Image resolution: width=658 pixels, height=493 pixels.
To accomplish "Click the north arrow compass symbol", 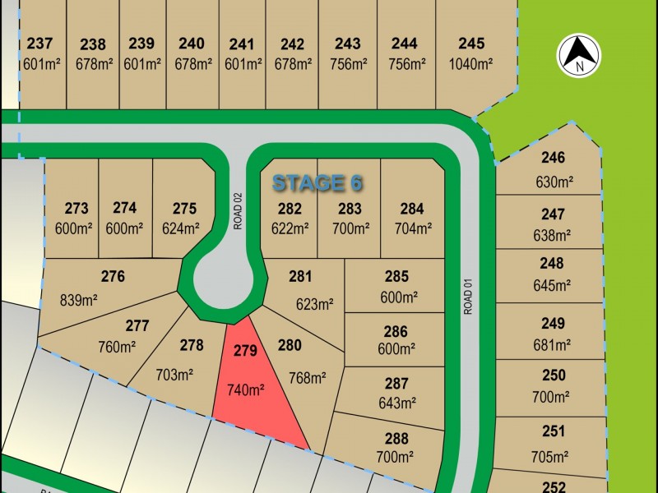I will click(x=580, y=55).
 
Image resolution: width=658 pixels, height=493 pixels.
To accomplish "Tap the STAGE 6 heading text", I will click(x=317, y=182).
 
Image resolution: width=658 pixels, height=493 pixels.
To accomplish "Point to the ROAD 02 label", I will click(x=238, y=210).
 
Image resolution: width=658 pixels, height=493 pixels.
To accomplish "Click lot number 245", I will click(x=471, y=44).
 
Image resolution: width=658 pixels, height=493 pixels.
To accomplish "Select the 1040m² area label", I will click(x=471, y=63).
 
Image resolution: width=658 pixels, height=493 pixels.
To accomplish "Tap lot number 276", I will click(x=112, y=277).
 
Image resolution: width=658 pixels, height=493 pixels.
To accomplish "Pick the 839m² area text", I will click(x=79, y=300).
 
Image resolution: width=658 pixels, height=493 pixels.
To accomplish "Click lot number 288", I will click(x=396, y=437).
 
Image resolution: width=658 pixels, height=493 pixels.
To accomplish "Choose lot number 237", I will click(x=39, y=44).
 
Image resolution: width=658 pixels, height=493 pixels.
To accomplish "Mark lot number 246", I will click(x=553, y=158).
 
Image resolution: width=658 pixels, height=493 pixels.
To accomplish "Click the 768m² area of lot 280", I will click(x=308, y=378).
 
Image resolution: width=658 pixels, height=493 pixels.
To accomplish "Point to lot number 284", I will click(x=412, y=209).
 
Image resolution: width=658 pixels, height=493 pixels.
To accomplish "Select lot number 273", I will click(x=76, y=209).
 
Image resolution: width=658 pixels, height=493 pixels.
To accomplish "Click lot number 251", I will click(x=554, y=431).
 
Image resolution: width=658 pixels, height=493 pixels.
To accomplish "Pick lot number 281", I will click(x=300, y=277).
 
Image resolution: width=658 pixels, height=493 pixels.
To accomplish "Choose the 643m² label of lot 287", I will click(x=396, y=403).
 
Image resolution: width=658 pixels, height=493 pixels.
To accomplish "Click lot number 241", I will click(x=242, y=44).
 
